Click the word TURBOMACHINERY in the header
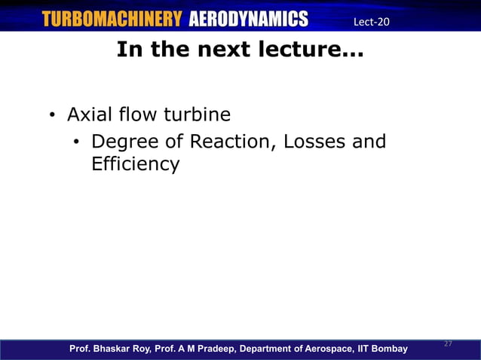pos(112,19)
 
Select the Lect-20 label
pos(371,21)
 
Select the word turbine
pos(195,115)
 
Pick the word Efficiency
pos(135,163)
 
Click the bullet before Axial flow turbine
pos(52,116)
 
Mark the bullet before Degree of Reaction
pos(76,142)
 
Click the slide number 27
pos(448,343)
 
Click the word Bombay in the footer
pos(389,349)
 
